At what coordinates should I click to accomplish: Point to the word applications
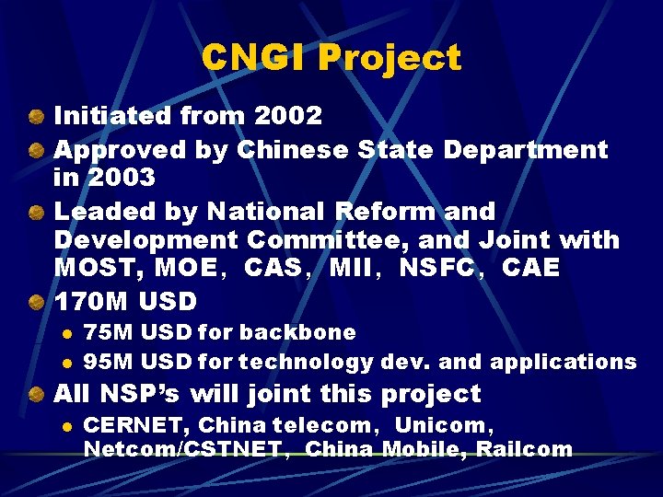click(563, 363)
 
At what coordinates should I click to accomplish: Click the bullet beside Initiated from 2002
click(34, 117)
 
